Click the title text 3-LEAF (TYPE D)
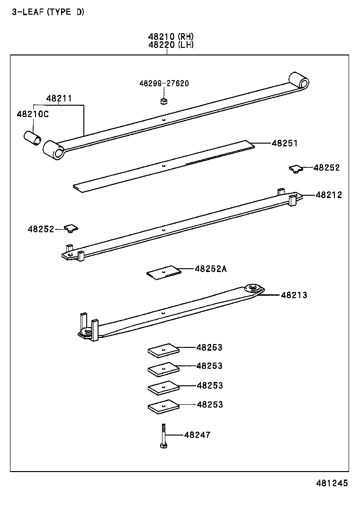point(48,12)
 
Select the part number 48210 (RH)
point(171,36)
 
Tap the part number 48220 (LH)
point(171,45)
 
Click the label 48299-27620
point(164,83)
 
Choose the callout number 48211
point(59,99)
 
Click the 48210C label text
point(33,114)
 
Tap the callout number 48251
point(284,143)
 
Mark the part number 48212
point(328,195)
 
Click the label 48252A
point(210,269)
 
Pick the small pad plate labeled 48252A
point(164,273)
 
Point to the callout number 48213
point(294,295)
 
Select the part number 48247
point(197,435)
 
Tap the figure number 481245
point(332,483)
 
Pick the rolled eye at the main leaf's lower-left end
point(54,149)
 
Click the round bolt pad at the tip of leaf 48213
point(254,289)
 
